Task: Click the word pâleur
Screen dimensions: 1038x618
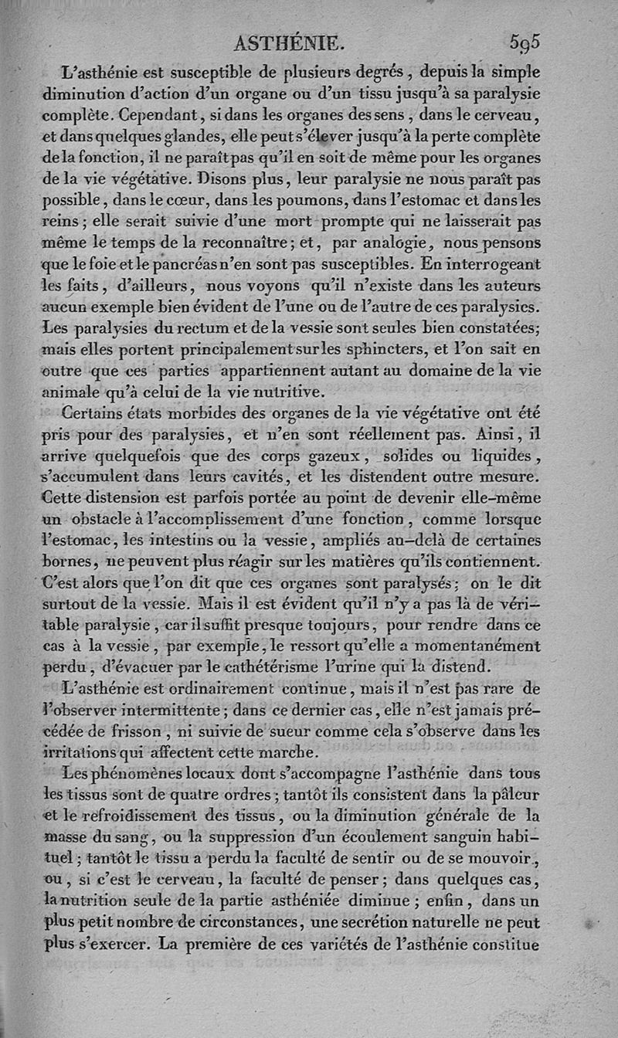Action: pos(514,793)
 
